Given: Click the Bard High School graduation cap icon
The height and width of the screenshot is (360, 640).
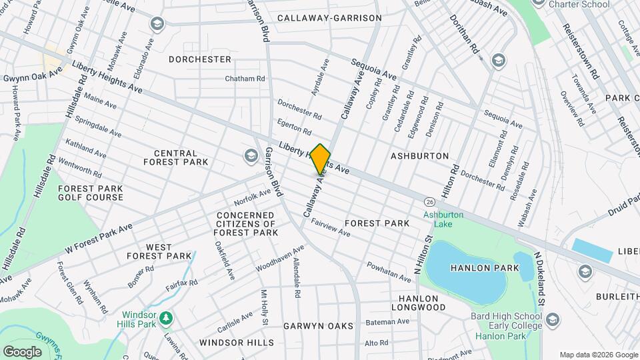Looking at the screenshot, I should pyautogui.click(x=551, y=321).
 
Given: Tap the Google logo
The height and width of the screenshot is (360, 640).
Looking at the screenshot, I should pyautogui.click(x=22, y=351).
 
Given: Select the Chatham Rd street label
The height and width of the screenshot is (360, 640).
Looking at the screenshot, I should pyautogui.click(x=245, y=79).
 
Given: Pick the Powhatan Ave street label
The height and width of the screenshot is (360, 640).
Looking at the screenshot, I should pyautogui.click(x=388, y=271).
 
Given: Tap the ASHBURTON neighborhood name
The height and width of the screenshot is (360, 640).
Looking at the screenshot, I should pyautogui.click(x=419, y=155).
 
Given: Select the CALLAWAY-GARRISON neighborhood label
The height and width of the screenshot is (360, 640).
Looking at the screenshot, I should pyautogui.click(x=329, y=18).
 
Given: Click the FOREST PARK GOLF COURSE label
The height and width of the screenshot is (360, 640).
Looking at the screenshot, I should pyautogui.click(x=91, y=193).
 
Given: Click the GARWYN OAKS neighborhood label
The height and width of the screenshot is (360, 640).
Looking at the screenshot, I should pyautogui.click(x=317, y=326).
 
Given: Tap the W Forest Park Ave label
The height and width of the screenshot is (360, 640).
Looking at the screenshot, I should pyautogui.click(x=99, y=237).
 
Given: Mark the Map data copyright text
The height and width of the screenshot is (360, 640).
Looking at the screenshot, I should pyautogui.click(x=598, y=354).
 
